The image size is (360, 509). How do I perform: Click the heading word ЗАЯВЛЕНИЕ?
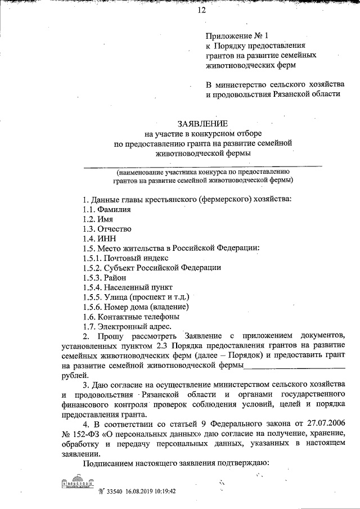click(202, 123)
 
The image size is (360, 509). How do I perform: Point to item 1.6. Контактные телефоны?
click(132, 317)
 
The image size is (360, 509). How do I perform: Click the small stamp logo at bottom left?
click(77, 485)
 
